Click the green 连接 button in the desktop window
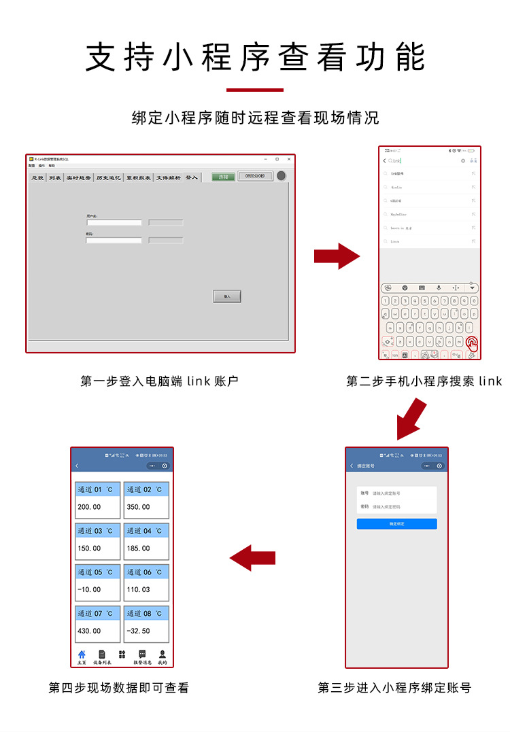pos(223,177)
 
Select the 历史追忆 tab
pos(108,177)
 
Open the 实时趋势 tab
pos(78,177)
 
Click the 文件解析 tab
pos(168,177)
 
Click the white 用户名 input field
pos(114,222)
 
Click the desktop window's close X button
pos(289,159)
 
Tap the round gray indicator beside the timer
pos(281,176)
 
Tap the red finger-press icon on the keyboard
pos(471,344)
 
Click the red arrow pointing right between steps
pos(336,256)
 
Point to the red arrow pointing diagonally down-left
pos(411,420)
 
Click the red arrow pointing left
pos(252,558)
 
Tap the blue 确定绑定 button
pos(396,524)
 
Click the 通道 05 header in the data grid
pos(97,572)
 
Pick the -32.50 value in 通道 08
pos(146,631)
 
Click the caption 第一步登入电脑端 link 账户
pos(159,381)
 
